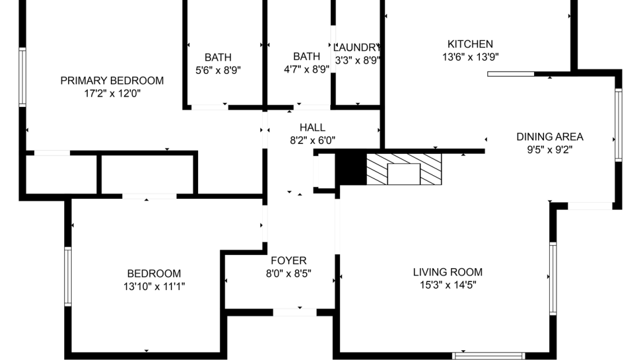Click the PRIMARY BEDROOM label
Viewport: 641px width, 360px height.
112,80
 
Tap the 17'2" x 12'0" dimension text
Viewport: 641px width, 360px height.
113,94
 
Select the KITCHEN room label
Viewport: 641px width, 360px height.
470,44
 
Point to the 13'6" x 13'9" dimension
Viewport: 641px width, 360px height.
471,57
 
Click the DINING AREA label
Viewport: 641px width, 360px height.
550,136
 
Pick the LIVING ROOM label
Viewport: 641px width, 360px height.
448,272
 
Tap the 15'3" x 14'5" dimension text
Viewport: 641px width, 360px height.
448,285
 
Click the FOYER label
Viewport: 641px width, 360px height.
289,261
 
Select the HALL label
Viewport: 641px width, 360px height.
312,127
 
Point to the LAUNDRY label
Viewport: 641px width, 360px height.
357,47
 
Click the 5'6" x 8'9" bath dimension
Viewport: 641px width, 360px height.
218,70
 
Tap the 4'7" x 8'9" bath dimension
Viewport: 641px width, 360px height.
307,69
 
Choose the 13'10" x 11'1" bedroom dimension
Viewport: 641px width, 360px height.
154,287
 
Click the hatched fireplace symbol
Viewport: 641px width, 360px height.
404,169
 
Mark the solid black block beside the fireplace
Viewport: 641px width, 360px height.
351,169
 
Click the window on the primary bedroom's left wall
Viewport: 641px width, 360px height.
23,77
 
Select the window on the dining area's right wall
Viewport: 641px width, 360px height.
618,124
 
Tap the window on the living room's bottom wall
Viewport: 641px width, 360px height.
489,356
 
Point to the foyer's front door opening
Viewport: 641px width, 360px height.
295,313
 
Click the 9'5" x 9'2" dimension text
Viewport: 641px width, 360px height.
550,150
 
